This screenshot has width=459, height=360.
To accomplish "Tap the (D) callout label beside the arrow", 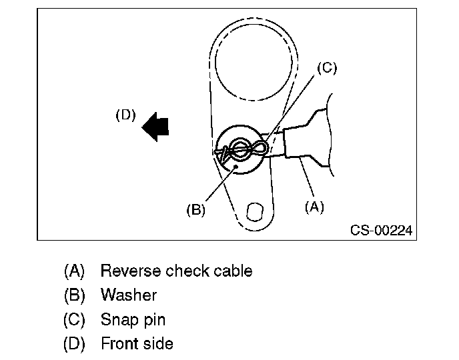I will pyautogui.click(x=125, y=115).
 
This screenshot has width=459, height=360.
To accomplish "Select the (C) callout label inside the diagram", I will pyautogui.click(x=327, y=68).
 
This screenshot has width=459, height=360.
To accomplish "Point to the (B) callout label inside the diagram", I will pyautogui.click(x=195, y=209).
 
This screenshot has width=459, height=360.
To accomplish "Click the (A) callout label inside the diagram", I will pyautogui.click(x=314, y=207).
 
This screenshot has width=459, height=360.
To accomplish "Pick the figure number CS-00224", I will pyautogui.click(x=381, y=231).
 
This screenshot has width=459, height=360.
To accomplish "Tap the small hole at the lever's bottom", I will pyautogui.click(x=254, y=212).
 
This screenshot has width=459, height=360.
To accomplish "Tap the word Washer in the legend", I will pyautogui.click(x=129, y=295).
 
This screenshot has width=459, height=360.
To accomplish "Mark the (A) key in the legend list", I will pyautogui.click(x=74, y=271).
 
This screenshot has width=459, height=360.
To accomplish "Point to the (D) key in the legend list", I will pyautogui.click(x=74, y=343).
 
